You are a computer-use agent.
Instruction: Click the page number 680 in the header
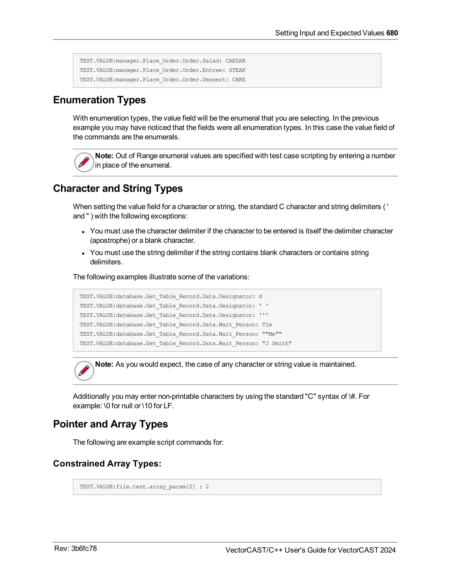[392, 33]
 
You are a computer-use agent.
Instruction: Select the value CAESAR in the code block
[235, 61]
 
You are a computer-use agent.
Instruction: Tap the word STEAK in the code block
[237, 70]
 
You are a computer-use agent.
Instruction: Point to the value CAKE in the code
[238, 80]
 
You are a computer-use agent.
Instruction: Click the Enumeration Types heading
[99, 100]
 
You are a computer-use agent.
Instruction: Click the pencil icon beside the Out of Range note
[84, 162]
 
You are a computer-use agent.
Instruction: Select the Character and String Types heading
[118, 188]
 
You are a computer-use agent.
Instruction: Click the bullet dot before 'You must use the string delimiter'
[83, 253]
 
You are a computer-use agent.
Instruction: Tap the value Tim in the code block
[267, 325]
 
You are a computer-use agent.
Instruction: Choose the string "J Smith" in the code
[277, 343]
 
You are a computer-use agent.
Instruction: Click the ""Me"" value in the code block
[272, 334]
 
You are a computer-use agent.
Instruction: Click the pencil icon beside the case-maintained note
[84, 371]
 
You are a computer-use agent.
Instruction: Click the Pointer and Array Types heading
[110, 424]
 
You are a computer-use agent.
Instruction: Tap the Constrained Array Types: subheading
[107, 463]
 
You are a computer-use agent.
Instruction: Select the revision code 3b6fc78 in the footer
[84, 549]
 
